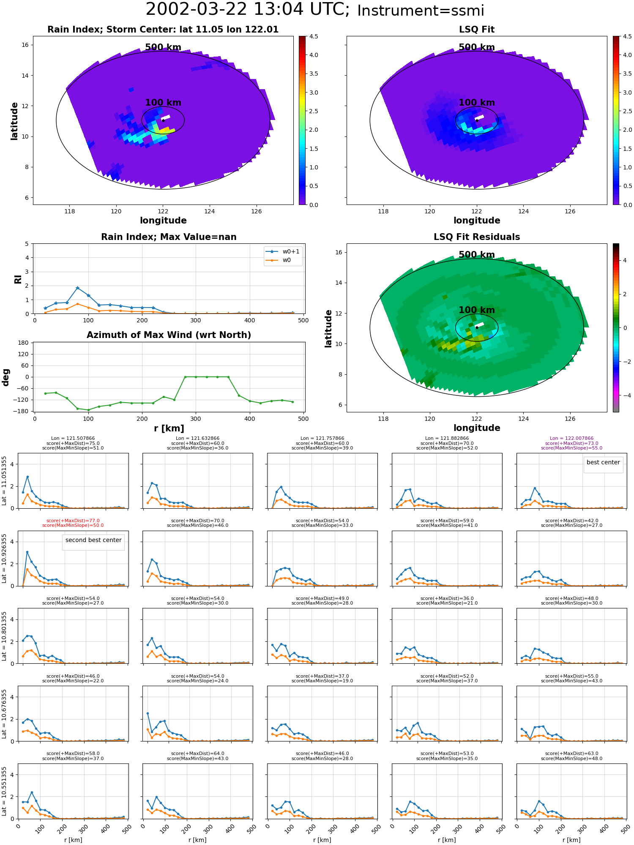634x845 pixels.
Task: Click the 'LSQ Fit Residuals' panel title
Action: pyautogui.click(x=477, y=237)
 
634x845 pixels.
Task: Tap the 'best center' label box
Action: pyautogui.click(x=603, y=463)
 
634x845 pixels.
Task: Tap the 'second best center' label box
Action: pyautogui.click(x=93, y=540)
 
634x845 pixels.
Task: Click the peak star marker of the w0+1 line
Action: pyautogui.click(x=77, y=288)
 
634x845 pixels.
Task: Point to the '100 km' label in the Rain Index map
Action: pyautogui.click(x=163, y=103)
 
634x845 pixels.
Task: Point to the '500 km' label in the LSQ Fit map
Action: pyautogui.click(x=477, y=47)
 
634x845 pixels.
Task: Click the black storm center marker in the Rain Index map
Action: pyautogui.click(x=163, y=120)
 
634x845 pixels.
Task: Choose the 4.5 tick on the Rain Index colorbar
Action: pyautogui.click(x=314, y=36)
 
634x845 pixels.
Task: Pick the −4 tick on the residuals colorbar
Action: pyautogui.click(x=625, y=395)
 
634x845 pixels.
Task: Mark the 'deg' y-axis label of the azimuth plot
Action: pyautogui.click(x=6, y=377)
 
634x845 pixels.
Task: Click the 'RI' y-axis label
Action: pyautogui.click(x=18, y=279)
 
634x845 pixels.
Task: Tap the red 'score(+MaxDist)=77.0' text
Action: pyautogui.click(x=73, y=521)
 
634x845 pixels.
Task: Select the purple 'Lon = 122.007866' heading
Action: pyautogui.click(x=572, y=439)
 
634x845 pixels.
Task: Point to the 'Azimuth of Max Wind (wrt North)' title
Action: pyautogui.click(x=169, y=335)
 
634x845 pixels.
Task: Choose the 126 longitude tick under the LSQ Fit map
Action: pyautogui.click(x=570, y=211)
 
